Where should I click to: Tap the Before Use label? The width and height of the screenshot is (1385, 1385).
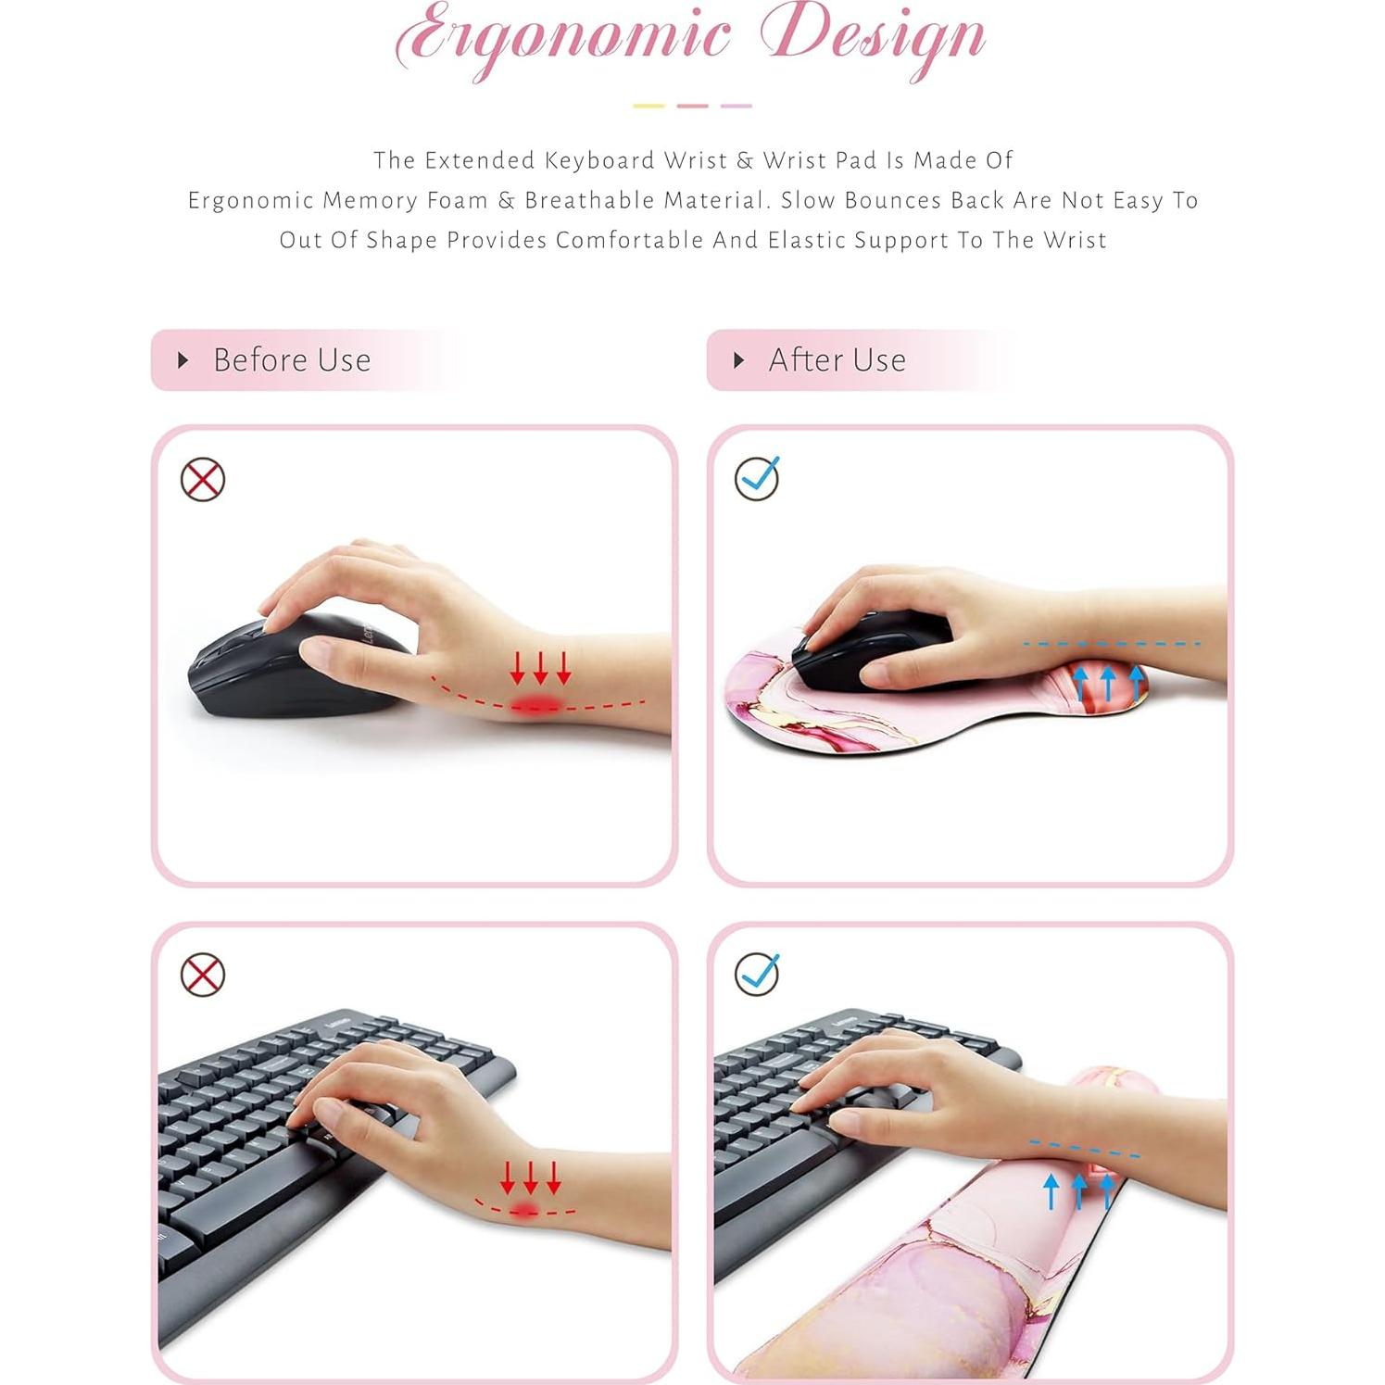coord(292,359)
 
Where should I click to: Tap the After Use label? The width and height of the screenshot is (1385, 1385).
coord(837,359)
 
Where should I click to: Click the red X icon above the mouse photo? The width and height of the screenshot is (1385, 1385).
coord(203,480)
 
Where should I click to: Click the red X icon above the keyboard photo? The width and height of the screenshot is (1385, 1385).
coord(203,975)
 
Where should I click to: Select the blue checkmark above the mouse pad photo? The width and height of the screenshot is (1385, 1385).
coord(758,478)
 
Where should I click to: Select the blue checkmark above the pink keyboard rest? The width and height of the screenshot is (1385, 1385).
coord(758,974)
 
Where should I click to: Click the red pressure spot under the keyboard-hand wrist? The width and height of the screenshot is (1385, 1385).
coord(527,1210)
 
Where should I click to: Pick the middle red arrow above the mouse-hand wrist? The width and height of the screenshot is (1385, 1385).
coord(540,667)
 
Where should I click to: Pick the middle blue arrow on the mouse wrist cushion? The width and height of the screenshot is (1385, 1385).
coord(1107,684)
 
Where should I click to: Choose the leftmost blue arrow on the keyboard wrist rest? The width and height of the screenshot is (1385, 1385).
coord(1051,1191)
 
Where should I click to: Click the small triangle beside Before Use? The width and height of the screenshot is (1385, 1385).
coord(183,359)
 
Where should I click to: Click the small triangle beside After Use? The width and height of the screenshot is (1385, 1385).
coord(738,359)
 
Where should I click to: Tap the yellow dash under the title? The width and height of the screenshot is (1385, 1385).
coord(648,106)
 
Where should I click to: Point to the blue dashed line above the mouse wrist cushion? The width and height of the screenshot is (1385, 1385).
coord(1112,643)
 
